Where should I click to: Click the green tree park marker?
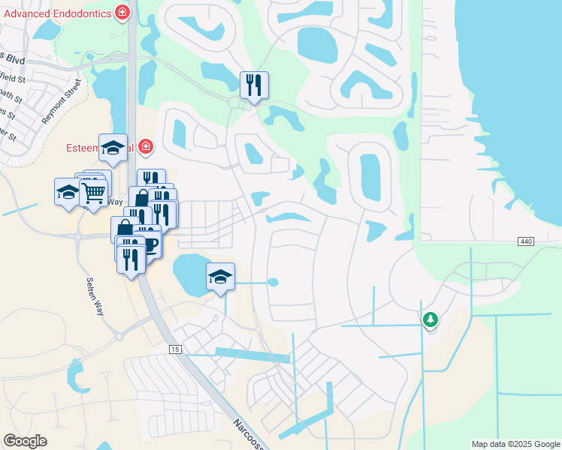pyautogui.click(x=430, y=320)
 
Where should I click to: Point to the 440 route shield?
pyautogui.click(x=526, y=241)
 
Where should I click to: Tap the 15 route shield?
pyautogui.click(x=175, y=349)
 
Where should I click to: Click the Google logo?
pyautogui.click(x=25, y=441)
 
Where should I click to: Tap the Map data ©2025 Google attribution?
pyautogui.click(x=515, y=444)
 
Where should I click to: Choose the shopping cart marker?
pyautogui.click(x=93, y=192)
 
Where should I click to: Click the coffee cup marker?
pyautogui.click(x=149, y=244)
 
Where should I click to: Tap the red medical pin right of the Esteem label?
pyautogui.click(x=145, y=147)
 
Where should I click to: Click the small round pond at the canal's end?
pyautogui.click(x=273, y=283)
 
